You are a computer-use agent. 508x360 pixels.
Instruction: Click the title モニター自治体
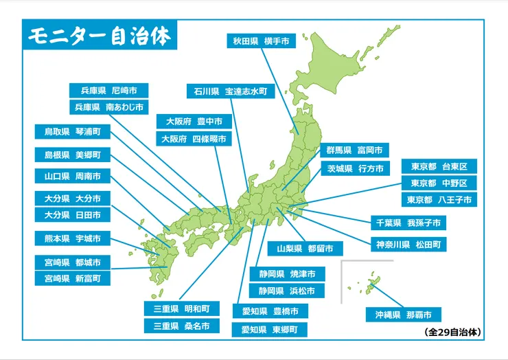[x=100, y=36]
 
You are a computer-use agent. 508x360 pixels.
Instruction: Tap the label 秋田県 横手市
[x=260, y=41]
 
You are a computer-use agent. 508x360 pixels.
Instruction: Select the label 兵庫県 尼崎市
[x=109, y=90]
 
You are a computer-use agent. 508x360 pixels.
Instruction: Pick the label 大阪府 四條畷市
[x=194, y=139]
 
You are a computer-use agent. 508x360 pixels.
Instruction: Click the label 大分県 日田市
[x=72, y=215]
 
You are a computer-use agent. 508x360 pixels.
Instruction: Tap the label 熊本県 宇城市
[x=72, y=239]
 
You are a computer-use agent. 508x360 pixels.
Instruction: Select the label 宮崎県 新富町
[x=72, y=278]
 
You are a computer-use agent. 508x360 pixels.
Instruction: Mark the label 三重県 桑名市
[x=182, y=326]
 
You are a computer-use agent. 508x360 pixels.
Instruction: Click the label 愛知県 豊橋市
[x=270, y=311]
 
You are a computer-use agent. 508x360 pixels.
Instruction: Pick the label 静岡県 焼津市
[x=287, y=273]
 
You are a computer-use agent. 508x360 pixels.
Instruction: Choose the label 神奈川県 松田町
[x=408, y=244]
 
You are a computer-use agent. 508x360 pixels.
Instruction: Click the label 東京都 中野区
[x=439, y=183]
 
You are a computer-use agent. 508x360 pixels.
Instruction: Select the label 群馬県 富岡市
[x=354, y=150]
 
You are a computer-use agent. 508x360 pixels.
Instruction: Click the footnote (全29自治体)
[x=453, y=333]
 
